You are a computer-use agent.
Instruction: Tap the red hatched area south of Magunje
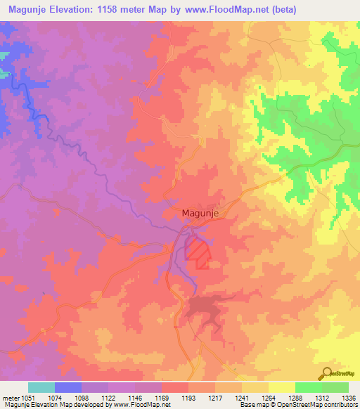(x=198, y=252)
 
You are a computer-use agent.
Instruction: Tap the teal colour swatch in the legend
(x=41, y=387)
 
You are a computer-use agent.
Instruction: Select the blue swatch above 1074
(x=67, y=387)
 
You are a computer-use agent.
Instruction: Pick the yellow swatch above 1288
(x=281, y=387)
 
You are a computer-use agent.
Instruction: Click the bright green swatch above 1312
(x=308, y=387)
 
